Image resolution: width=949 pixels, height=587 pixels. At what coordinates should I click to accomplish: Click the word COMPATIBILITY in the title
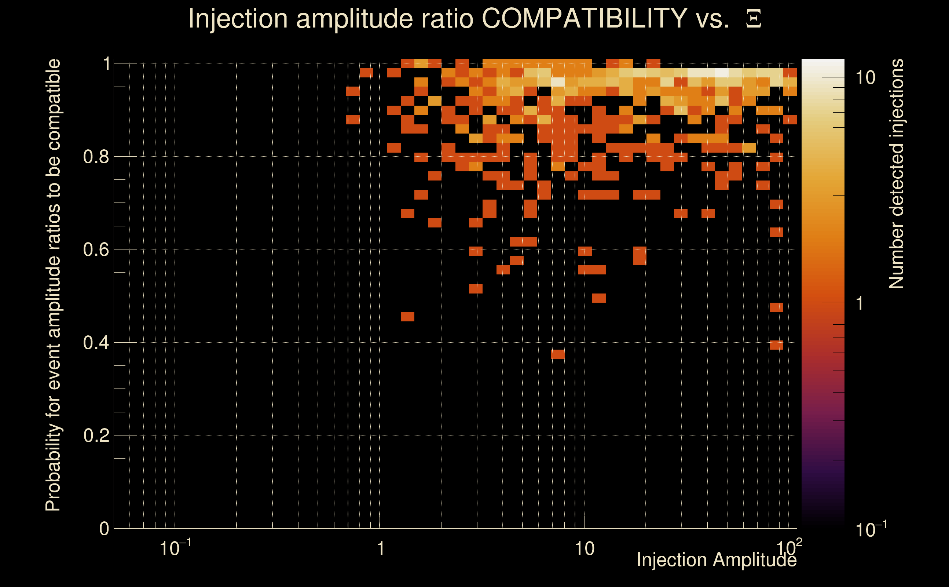[x=584, y=18]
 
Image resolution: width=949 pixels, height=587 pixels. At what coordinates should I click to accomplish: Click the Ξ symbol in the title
[x=754, y=19]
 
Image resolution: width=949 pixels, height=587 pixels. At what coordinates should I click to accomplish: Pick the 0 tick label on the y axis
[x=104, y=529]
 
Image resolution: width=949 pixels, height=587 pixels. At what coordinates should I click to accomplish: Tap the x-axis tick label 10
[x=584, y=549]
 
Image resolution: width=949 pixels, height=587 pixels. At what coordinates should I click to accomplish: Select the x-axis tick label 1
[x=380, y=549]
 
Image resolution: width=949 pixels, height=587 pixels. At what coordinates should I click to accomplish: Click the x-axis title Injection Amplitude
[x=717, y=560]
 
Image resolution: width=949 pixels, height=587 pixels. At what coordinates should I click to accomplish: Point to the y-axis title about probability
[x=53, y=285]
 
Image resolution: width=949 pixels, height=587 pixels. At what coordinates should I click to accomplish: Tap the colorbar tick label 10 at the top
[x=866, y=78]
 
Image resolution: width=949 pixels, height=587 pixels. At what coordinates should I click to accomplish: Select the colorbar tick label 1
[x=860, y=304]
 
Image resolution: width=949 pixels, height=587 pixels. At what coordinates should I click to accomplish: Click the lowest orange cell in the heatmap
[x=558, y=354]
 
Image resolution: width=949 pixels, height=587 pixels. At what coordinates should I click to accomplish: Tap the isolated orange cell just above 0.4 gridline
[x=776, y=345]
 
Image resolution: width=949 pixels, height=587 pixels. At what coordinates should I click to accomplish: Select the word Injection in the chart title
[x=238, y=18]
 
